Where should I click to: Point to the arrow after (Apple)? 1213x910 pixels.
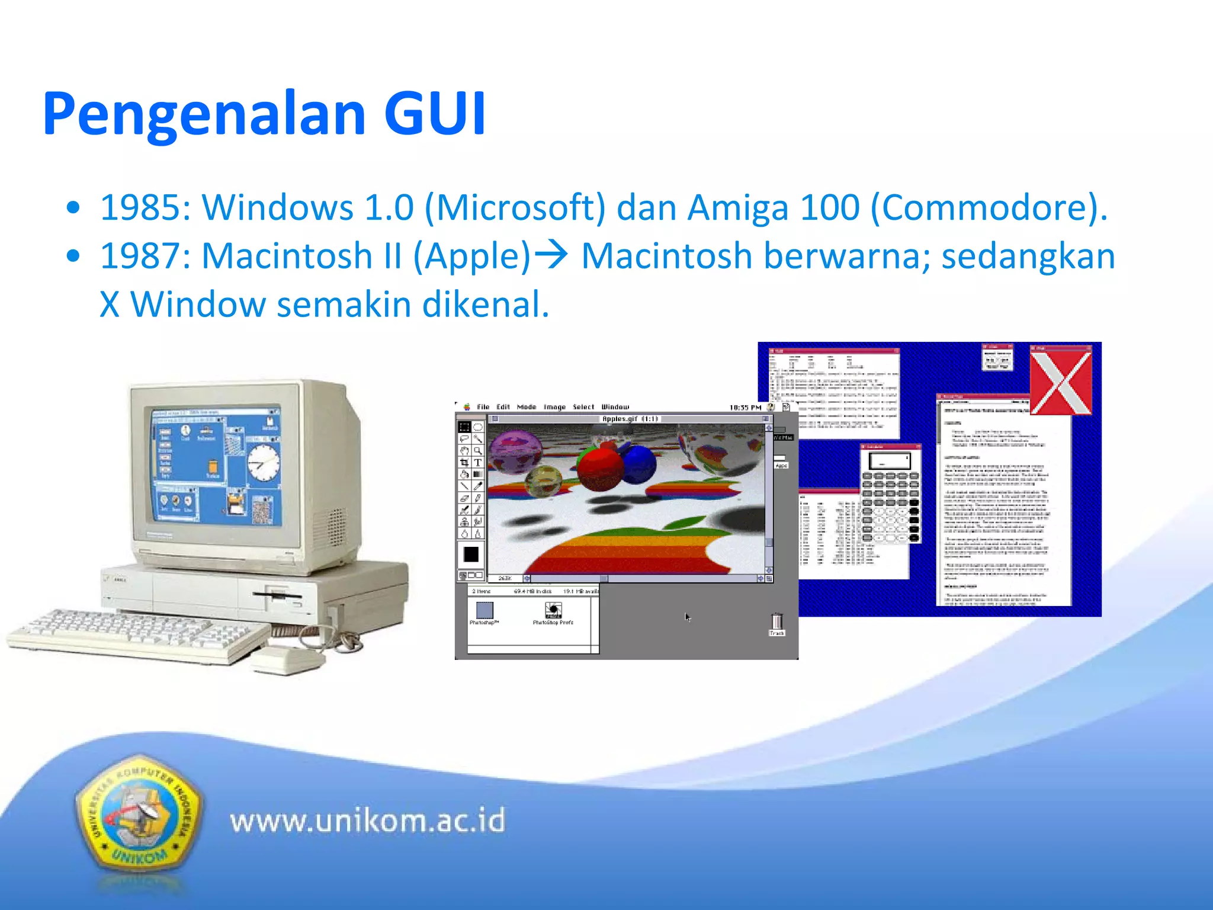pyautogui.click(x=551, y=256)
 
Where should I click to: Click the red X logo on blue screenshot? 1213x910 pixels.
pyautogui.click(x=1061, y=380)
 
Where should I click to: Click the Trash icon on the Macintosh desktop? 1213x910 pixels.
pyautogui.click(x=776, y=623)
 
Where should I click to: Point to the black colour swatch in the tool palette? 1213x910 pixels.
pyautogui.click(x=471, y=554)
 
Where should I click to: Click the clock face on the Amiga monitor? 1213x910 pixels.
pyautogui.click(x=262, y=462)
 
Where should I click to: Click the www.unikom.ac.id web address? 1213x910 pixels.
pyautogui.click(x=367, y=821)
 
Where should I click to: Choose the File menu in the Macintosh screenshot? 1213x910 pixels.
pyautogui.click(x=483, y=407)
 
